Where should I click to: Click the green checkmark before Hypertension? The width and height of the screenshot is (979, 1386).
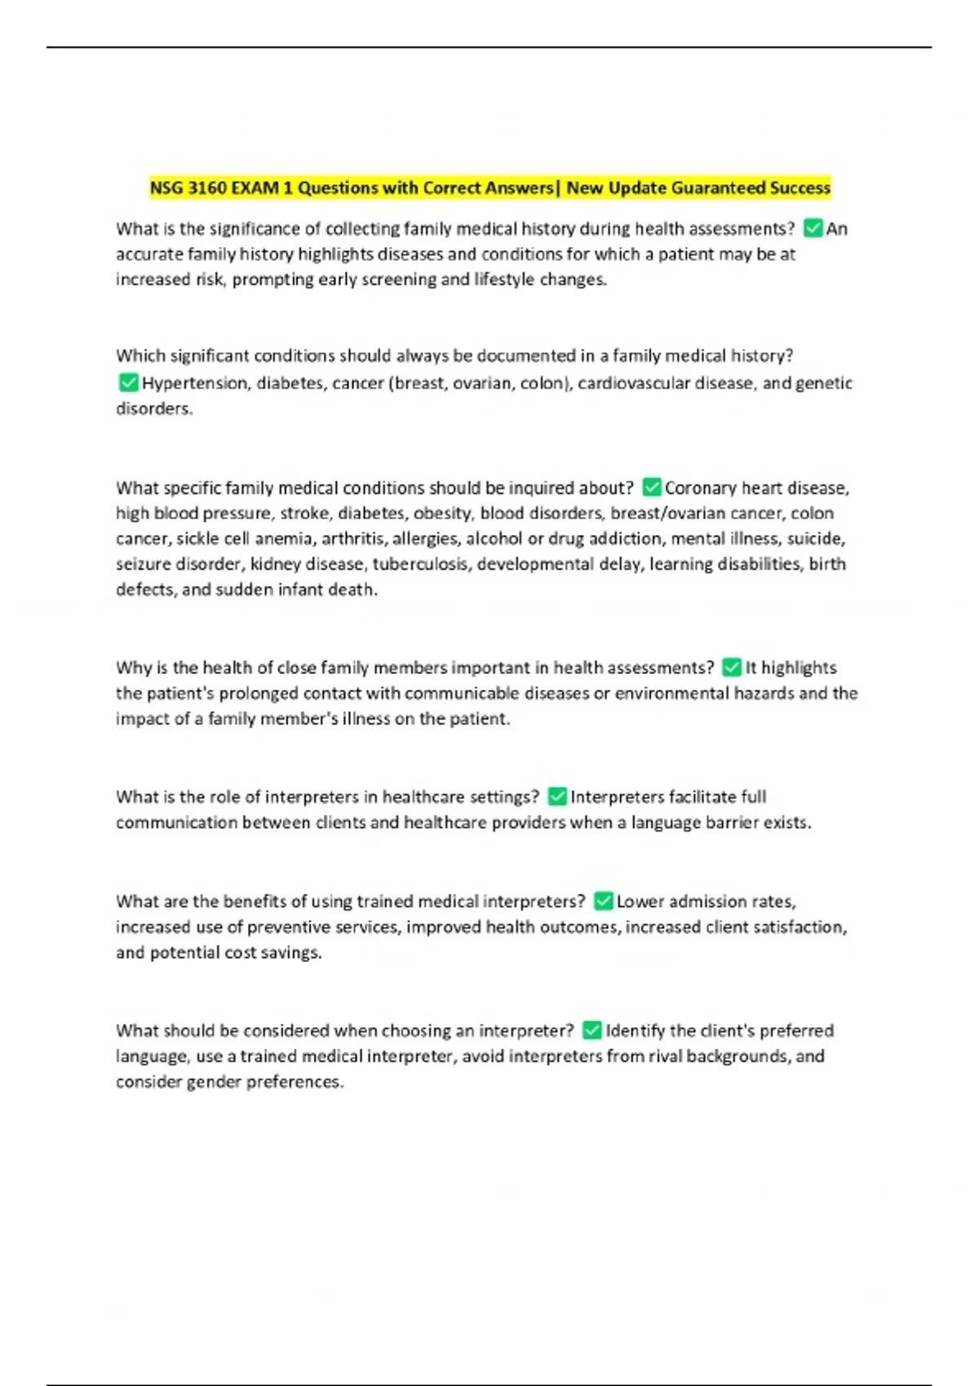pos(128,382)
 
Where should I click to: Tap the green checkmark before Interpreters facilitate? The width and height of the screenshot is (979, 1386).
pos(558,797)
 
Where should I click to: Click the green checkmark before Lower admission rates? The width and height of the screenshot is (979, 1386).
pos(604,901)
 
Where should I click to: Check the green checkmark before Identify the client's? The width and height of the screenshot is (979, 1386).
pos(592,1031)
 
